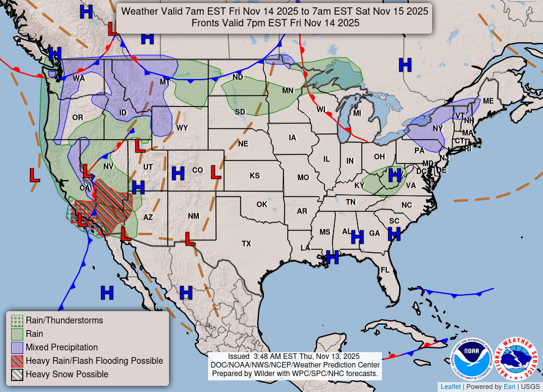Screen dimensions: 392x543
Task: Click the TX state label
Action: coord(246,243)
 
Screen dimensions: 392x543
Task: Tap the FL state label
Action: coord(385,269)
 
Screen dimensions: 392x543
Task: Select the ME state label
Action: coord(488,101)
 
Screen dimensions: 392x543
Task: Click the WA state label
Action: coord(79,78)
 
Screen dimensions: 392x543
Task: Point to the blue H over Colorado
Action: coord(178,173)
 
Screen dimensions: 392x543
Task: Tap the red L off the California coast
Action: coord(35,175)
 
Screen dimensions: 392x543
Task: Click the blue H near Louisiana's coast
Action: coord(332,257)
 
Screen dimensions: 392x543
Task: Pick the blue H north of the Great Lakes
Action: coord(405,65)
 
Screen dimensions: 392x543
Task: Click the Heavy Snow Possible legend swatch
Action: coord(17,374)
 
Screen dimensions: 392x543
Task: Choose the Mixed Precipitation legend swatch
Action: coord(17,347)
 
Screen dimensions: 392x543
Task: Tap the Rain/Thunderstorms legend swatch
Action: coord(17,320)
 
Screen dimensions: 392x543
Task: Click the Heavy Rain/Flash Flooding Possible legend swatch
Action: coord(17,361)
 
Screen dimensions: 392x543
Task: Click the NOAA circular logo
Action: coord(472,359)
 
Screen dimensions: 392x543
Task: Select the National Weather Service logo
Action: coord(515,359)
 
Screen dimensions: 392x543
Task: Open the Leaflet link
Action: coord(450,386)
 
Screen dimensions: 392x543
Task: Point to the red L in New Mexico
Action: coord(190,238)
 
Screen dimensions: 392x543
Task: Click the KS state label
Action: coord(255,176)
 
